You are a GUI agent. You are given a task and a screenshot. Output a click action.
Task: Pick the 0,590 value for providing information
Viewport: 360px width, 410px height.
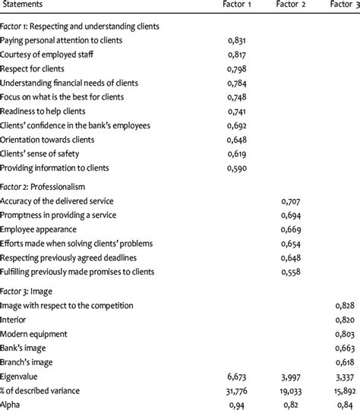[238, 168]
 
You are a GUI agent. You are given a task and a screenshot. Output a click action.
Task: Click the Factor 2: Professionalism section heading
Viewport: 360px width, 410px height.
[52, 186]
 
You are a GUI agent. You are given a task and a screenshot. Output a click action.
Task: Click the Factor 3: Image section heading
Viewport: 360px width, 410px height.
[37, 291]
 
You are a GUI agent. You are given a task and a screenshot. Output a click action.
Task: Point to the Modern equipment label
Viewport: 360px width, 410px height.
[38, 333]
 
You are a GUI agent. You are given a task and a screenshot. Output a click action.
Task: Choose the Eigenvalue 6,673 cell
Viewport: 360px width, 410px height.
[238, 376]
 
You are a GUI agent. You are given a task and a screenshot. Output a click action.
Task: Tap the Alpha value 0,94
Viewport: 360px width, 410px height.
[238, 404]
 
